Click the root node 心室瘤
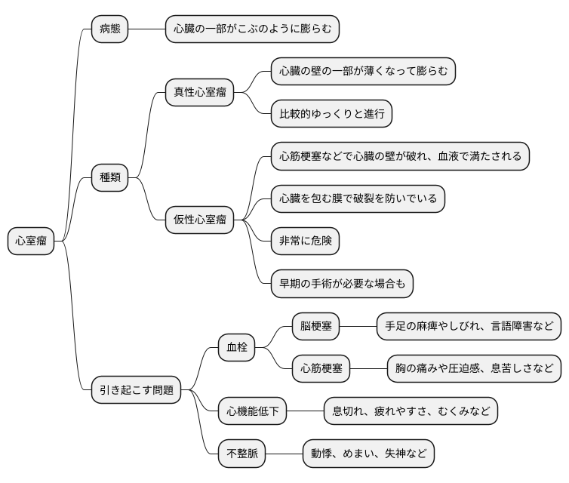click(31, 241)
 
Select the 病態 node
click(109, 29)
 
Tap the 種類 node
click(109, 178)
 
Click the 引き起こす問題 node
click(136, 390)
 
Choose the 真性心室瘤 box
click(199, 93)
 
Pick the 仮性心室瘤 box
click(199, 220)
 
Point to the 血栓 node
click(236, 348)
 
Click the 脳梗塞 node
click(315, 327)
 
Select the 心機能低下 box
click(252, 411)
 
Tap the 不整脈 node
click(241, 454)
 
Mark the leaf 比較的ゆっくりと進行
click(331, 114)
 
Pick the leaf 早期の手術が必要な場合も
click(342, 284)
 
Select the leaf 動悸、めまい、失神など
click(368, 454)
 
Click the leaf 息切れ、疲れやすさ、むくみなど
click(411, 411)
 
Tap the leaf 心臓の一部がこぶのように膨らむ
click(252, 29)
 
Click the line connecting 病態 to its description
click(147, 29)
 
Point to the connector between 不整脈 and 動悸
click(284, 454)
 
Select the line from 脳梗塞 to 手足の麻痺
click(358, 327)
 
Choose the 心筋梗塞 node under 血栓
click(321, 369)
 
